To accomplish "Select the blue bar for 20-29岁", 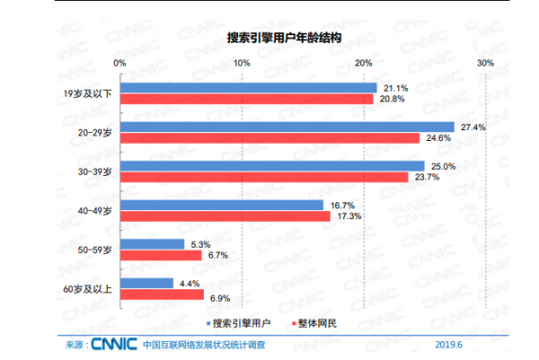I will [287, 127].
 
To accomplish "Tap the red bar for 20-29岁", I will [269, 138].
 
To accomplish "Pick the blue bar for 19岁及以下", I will [248, 88].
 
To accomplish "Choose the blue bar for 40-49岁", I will [221, 206].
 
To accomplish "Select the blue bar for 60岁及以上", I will [146, 284].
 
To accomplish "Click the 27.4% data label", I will [473, 127].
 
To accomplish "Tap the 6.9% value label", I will [221, 295].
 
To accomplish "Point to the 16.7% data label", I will [340, 206].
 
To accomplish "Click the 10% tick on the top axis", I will [241, 62].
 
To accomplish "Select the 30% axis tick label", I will [485, 62].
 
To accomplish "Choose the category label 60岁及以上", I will [93, 289].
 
